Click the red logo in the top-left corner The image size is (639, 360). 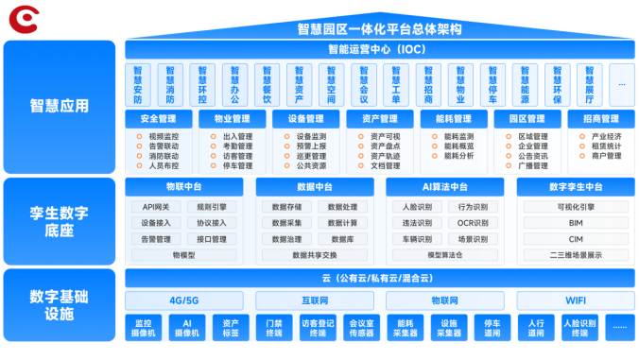click(18, 16)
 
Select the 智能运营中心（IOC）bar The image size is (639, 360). click(377, 49)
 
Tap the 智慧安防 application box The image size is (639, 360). click(138, 84)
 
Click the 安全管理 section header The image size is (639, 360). click(158, 119)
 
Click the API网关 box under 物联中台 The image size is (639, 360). click(156, 206)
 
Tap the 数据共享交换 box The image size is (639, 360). click(315, 254)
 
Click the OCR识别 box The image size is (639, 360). click(473, 222)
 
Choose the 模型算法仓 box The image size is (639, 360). click(445, 254)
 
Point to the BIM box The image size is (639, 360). click(576, 222)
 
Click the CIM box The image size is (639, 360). click(576, 238)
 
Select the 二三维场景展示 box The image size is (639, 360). click(576, 254)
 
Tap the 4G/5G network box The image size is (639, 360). click(184, 300)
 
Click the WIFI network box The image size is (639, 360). click(576, 300)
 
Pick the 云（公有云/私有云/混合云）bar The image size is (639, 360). click(377, 278)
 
